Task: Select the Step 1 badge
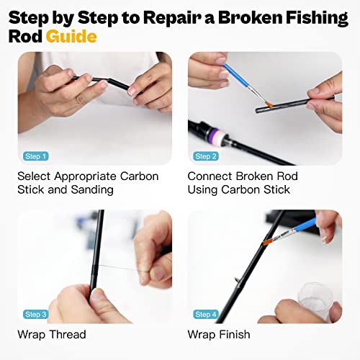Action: click(x=35, y=156)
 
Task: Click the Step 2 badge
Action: click(x=206, y=156)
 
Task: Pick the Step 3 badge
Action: click(x=35, y=314)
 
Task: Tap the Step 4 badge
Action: click(x=206, y=314)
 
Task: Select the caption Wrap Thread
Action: click(x=51, y=334)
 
